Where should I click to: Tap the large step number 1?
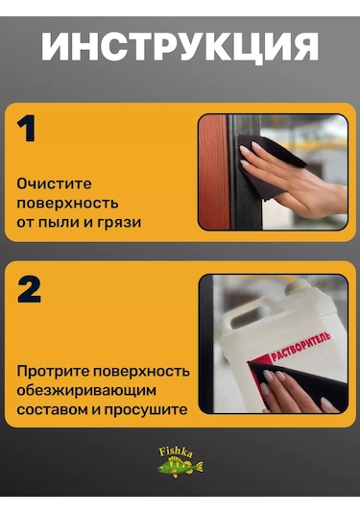26,128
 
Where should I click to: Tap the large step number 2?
29,289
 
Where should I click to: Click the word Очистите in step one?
54,184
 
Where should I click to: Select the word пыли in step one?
58,223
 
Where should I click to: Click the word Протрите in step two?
53,372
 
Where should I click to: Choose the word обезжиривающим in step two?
86,391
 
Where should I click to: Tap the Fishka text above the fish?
176,453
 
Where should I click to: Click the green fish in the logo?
180,467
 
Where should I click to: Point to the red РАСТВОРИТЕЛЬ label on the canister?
300,347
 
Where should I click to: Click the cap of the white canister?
297,287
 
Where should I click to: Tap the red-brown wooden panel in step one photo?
213,172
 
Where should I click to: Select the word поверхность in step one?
67,204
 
